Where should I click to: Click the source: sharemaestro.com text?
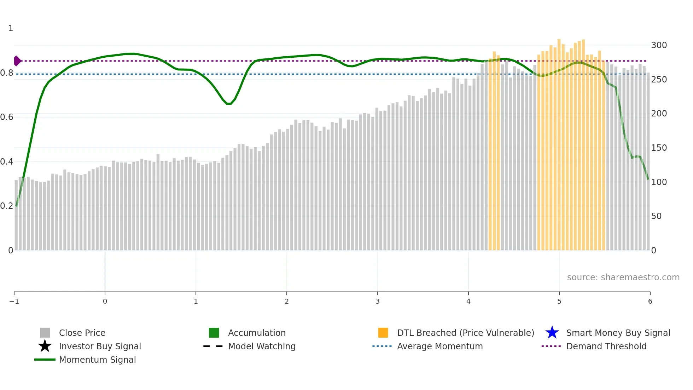tap(623, 277)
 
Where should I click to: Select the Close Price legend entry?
tap(82, 333)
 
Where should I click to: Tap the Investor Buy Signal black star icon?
tap(45, 346)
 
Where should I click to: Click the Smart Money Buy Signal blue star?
tap(552, 333)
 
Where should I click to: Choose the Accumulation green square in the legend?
tap(214, 333)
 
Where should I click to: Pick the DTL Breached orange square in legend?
tap(383, 333)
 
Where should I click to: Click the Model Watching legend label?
tap(262, 346)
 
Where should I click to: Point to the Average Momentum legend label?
tap(440, 346)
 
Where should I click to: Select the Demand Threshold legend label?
tap(606, 346)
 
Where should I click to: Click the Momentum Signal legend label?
tap(97, 360)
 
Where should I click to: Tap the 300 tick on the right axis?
tap(659, 45)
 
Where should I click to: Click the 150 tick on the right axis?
tap(659, 148)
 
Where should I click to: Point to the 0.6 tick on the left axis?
tap(7, 117)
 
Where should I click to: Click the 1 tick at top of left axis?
tap(11, 28)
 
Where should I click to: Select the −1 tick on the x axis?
tap(14, 301)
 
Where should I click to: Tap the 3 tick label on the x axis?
tap(378, 301)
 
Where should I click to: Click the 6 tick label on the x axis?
tap(650, 301)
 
